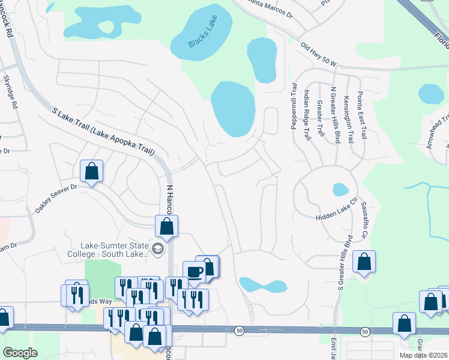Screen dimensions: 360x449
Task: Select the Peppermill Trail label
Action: (294, 106)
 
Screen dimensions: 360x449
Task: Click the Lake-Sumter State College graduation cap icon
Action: (158, 248)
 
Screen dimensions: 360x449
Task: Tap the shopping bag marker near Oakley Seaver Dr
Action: (91, 171)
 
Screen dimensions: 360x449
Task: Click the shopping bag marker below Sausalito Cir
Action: (364, 262)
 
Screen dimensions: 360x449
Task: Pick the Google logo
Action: (20, 353)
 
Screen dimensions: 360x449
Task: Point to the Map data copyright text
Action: (423, 355)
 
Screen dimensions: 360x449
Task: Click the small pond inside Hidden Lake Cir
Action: (340, 190)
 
